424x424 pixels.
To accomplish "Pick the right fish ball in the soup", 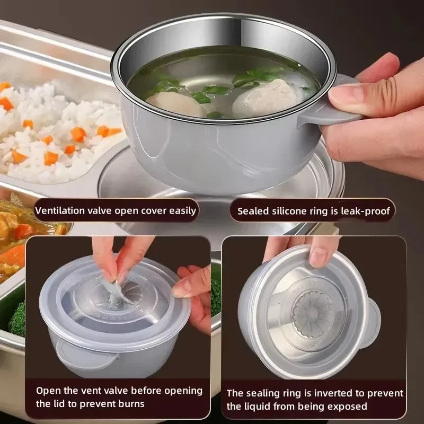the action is coord(267,98).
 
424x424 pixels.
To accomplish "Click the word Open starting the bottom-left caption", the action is coord(47,391).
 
